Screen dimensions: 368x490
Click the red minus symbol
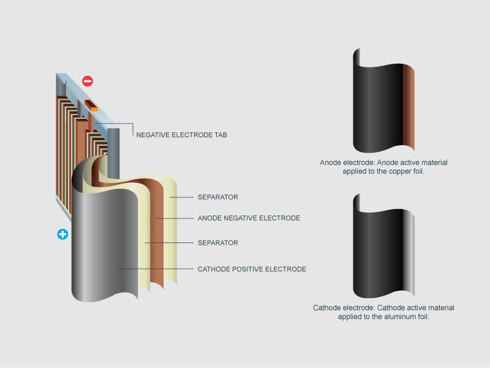click(x=88, y=81)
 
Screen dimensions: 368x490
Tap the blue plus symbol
click(x=62, y=234)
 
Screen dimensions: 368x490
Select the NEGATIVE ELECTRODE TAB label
click(x=181, y=135)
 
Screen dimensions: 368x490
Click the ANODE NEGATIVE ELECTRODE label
click(x=249, y=218)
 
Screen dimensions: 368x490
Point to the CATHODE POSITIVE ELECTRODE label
click(x=251, y=269)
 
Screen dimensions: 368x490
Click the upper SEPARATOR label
click(x=217, y=197)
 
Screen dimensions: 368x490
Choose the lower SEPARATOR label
click(x=217, y=243)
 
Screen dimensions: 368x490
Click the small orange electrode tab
click(x=93, y=108)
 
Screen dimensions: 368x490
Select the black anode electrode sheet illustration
click(x=377, y=101)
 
